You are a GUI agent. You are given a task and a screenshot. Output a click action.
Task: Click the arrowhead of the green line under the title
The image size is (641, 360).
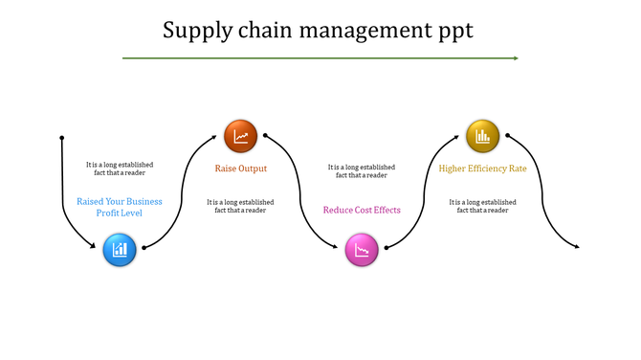(x=515, y=58)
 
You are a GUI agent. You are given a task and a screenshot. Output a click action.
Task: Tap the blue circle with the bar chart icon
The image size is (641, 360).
(x=120, y=250)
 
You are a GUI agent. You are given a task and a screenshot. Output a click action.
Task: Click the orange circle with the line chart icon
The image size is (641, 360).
(x=240, y=136)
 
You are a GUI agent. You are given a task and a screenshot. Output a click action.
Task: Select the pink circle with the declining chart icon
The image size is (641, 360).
(x=362, y=251)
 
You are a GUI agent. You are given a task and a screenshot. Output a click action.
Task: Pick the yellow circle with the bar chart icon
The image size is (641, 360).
(x=482, y=136)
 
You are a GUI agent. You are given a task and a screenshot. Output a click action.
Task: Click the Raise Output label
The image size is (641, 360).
(x=240, y=169)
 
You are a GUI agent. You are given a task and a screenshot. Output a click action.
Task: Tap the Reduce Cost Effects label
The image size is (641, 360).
(x=362, y=210)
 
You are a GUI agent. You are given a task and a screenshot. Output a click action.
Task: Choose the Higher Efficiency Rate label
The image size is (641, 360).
(x=482, y=169)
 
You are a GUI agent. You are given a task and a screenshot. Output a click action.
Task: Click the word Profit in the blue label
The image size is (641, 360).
(x=109, y=213)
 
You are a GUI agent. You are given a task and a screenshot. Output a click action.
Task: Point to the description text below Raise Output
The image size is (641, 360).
(x=240, y=206)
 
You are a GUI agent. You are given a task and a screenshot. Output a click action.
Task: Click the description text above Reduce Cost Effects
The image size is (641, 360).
(x=362, y=170)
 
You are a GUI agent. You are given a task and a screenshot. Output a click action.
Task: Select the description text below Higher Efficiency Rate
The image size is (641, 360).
(x=482, y=206)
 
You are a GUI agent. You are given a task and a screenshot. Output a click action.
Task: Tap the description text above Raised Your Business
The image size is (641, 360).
(x=120, y=169)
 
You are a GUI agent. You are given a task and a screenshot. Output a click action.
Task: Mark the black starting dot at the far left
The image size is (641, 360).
(x=62, y=136)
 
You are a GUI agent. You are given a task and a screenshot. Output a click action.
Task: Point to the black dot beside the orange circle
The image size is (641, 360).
(x=265, y=135)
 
